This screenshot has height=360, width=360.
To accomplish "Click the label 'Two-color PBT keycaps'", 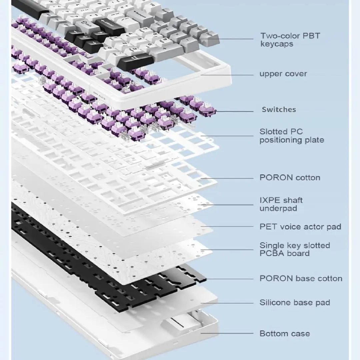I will [x=290, y=40].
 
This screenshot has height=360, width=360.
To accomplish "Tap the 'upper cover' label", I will [x=283, y=74].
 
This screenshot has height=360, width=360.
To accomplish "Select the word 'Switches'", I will [x=279, y=110].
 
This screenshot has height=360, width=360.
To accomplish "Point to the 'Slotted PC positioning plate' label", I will [x=292, y=136].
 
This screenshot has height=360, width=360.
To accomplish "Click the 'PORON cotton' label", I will [x=290, y=178].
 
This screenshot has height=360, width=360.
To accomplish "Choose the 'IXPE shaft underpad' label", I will [x=281, y=204].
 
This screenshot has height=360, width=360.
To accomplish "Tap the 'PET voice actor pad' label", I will [x=300, y=227].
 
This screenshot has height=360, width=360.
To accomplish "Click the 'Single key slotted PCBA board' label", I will [x=295, y=249].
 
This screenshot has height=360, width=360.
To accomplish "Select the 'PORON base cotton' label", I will [x=301, y=278].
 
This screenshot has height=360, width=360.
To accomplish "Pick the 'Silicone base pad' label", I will [x=295, y=303].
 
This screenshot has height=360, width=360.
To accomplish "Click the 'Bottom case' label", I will [x=284, y=333].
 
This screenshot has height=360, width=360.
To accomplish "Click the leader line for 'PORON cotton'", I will [x=230, y=178].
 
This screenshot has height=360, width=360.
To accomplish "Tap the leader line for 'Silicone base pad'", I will [x=230, y=303].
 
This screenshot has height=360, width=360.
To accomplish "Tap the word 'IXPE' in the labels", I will [x=269, y=200].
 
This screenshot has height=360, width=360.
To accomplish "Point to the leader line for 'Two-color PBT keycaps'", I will [x=233, y=39].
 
